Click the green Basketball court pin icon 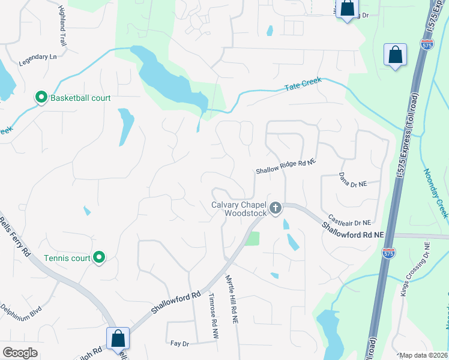[x=41, y=97]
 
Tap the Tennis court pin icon [x=100, y=258]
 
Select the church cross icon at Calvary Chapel [x=276, y=209]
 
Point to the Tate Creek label [x=303, y=85]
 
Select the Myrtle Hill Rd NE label [x=232, y=300]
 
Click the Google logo [x=20, y=353]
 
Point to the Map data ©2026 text [x=423, y=355]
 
